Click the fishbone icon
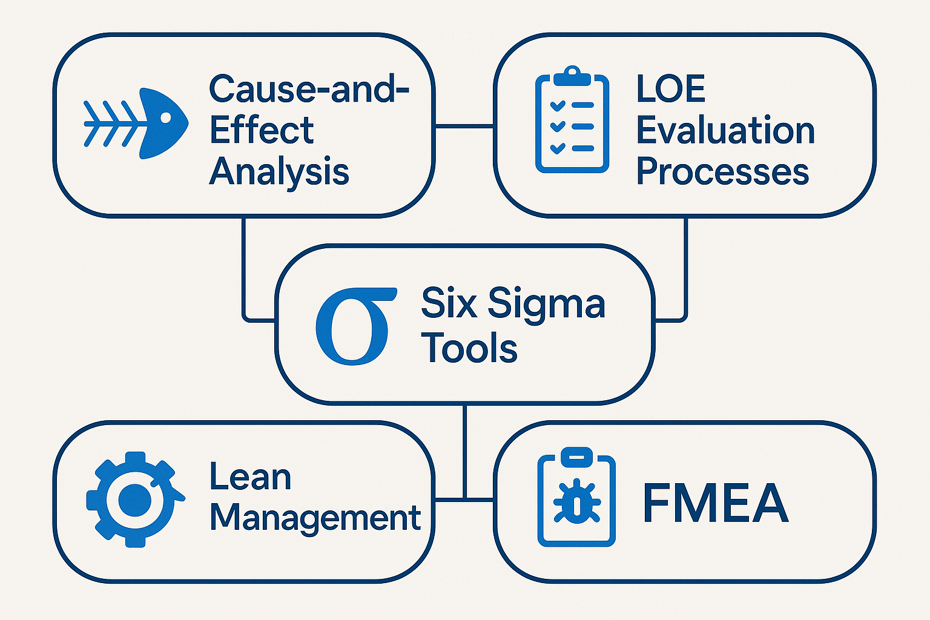tap(136, 124)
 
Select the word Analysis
tap(279, 171)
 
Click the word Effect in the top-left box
tap(261, 130)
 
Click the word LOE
tap(671, 89)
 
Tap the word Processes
tap(722, 171)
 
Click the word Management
tap(315, 518)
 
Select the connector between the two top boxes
tap(464, 126)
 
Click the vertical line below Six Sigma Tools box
tap(464, 448)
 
